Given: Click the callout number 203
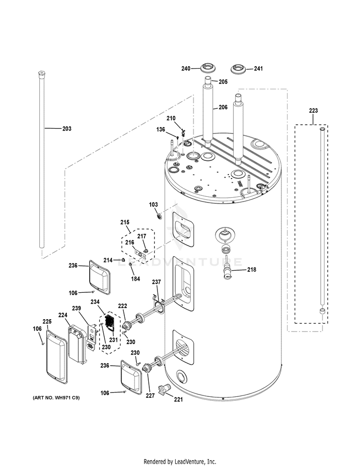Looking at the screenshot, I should [x=66, y=129].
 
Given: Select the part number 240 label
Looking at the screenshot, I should [x=186, y=69].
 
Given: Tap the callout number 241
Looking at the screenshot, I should [x=258, y=69].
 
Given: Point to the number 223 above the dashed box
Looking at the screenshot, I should [x=313, y=111].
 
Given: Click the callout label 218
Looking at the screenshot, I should [x=252, y=270].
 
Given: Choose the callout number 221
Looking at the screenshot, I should [x=179, y=399].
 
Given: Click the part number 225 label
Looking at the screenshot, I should [x=47, y=321].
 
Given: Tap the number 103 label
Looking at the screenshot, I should [x=153, y=205].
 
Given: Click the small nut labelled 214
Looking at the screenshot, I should [x=122, y=260].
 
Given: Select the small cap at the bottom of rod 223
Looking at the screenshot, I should [x=322, y=312].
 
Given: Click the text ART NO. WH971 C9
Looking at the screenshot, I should [x=56, y=398].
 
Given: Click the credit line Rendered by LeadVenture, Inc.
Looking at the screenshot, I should [x=180, y=462].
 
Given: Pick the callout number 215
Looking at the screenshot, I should [x=125, y=222].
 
